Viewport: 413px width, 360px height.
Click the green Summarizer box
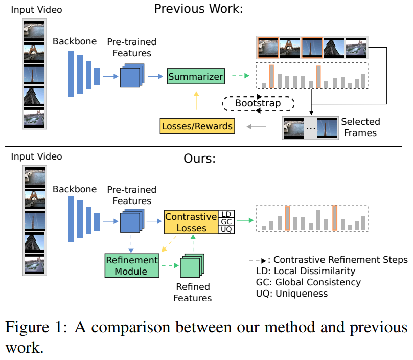click(196, 77)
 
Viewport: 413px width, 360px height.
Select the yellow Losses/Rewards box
click(197, 126)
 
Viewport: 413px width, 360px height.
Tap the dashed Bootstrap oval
click(258, 103)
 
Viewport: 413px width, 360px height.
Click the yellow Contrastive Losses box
click(192, 221)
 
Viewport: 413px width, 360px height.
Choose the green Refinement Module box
click(133, 265)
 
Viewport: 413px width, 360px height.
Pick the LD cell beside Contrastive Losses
click(226, 214)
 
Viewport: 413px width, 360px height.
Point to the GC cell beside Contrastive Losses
click(226, 221)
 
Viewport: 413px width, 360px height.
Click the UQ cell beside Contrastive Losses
click(226, 230)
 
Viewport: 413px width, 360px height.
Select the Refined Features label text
click(192, 292)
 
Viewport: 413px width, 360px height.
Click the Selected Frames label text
click(360, 127)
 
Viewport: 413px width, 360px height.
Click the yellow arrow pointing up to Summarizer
click(197, 101)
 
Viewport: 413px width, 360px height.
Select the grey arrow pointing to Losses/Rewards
click(256, 126)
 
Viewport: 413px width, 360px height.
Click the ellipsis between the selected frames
click(310, 128)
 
